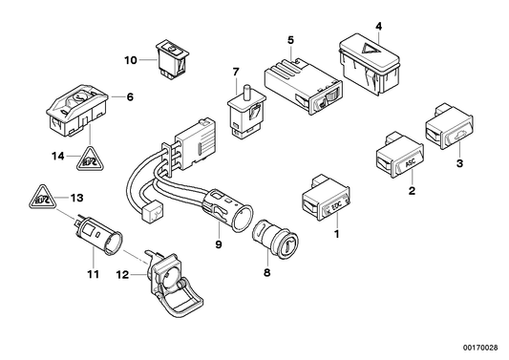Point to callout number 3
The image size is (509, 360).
[x=461, y=165]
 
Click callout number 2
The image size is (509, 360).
[x=412, y=191]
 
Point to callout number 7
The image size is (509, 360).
[x=235, y=71]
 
